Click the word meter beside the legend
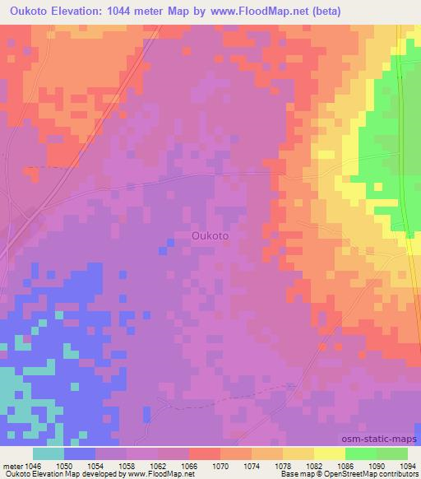(12, 465)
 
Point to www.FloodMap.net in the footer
(158, 475)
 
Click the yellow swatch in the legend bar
(329, 453)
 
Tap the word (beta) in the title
(322, 11)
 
